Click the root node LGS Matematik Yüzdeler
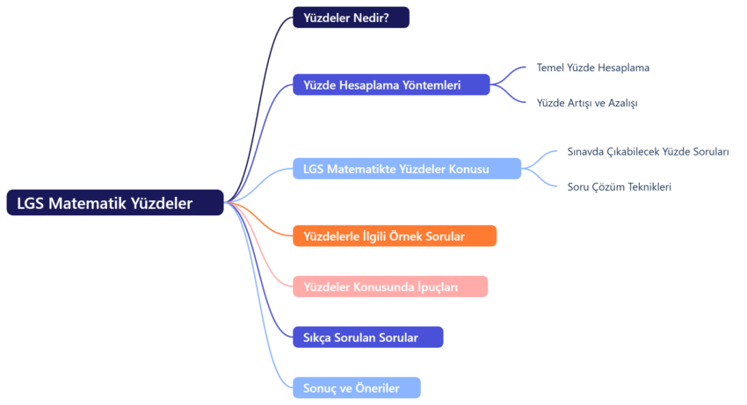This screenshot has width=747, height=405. (x=115, y=203)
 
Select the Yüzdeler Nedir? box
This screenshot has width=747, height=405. (x=351, y=18)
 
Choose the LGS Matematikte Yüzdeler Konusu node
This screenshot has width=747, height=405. (x=406, y=169)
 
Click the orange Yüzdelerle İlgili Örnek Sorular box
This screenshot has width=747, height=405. (x=395, y=235)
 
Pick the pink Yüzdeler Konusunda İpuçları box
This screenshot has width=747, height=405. (x=390, y=286)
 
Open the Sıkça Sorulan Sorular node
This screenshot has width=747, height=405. (x=367, y=337)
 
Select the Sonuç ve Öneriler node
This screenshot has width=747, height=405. (x=357, y=387)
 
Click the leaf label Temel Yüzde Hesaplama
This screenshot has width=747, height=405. (x=593, y=68)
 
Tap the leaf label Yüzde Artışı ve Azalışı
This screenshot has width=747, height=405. (x=587, y=103)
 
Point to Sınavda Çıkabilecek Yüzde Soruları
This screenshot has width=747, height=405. (x=649, y=152)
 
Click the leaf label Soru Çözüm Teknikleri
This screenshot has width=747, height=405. (x=620, y=186)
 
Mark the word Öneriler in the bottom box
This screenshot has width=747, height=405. (x=375, y=387)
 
